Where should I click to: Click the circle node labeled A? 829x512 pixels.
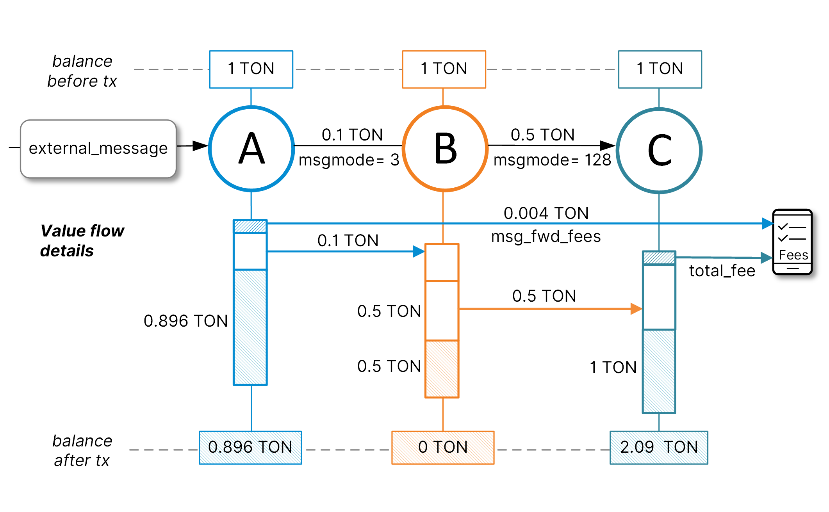[x=251, y=149]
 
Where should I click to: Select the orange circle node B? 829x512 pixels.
[x=445, y=149]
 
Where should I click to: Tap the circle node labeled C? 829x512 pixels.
[x=659, y=150]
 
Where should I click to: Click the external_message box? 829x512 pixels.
[x=98, y=149]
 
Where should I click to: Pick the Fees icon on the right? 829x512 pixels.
[x=792, y=242]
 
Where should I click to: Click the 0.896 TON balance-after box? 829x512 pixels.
[x=250, y=447]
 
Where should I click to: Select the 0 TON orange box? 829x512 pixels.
[x=443, y=447]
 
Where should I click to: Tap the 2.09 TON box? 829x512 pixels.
[x=659, y=447]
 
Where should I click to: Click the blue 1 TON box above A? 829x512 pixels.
[x=251, y=69]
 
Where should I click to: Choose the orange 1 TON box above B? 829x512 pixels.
[x=444, y=69]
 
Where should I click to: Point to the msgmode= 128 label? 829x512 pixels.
[x=552, y=160]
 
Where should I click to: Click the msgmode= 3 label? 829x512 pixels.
[x=349, y=160]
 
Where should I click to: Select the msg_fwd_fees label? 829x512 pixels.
[x=546, y=236]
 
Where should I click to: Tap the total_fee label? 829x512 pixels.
[x=722, y=271]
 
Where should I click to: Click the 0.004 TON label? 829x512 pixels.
[x=546, y=213]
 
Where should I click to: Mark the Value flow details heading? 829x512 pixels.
[x=82, y=241]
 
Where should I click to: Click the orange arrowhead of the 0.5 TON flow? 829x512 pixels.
[x=636, y=309]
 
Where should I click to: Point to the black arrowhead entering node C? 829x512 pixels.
[x=608, y=146]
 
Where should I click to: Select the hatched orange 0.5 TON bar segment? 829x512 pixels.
[x=442, y=369]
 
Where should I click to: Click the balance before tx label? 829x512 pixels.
[x=82, y=71]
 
